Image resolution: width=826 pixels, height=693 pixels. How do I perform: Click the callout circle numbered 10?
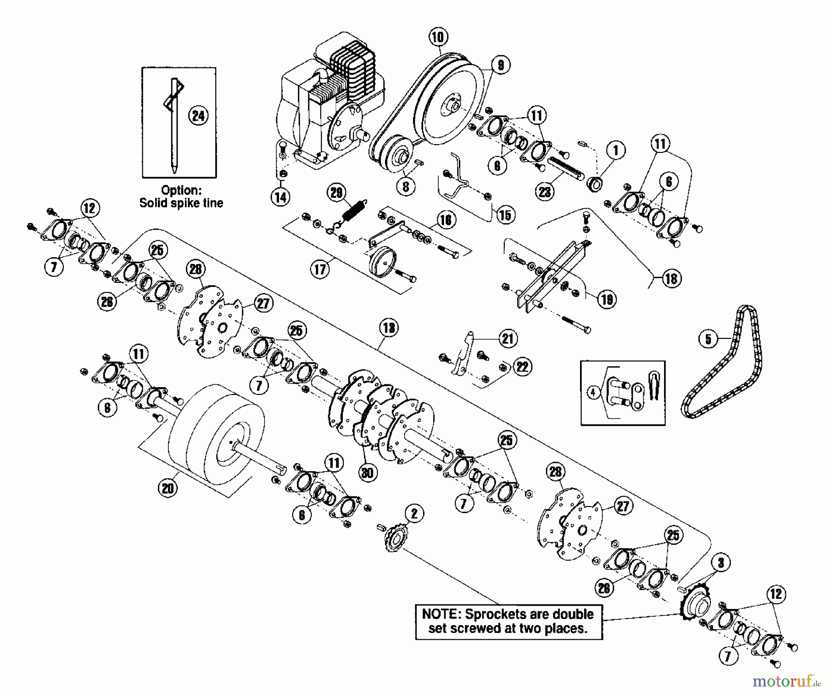[x=438, y=37]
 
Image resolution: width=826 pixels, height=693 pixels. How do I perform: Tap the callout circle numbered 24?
[x=198, y=115]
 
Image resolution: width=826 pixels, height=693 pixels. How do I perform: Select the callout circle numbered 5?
[x=708, y=339]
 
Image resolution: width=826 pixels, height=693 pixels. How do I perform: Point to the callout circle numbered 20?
[x=168, y=488]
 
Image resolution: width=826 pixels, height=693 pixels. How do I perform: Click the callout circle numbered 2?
[x=414, y=513]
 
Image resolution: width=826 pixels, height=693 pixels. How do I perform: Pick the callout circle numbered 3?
[x=721, y=563]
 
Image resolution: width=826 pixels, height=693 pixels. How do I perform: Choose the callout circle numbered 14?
[x=280, y=197]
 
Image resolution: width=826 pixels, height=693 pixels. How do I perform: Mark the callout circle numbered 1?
[x=616, y=150]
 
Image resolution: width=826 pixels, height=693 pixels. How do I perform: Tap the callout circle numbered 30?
[x=368, y=472]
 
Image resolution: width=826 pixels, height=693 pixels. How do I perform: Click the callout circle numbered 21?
[x=508, y=338]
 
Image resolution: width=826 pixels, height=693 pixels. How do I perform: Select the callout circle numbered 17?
[x=320, y=269]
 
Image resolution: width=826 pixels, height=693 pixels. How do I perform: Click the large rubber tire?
[x=216, y=441]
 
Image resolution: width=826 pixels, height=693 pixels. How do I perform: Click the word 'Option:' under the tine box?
[x=181, y=190]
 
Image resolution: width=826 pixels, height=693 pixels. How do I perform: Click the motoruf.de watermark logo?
[x=786, y=680]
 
